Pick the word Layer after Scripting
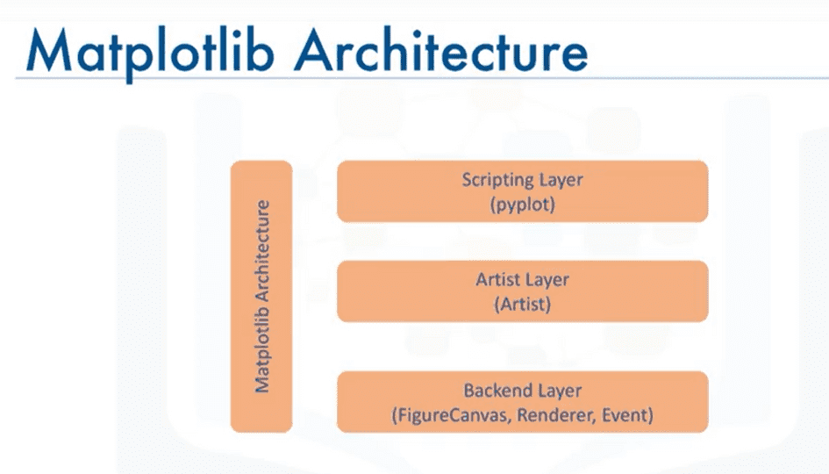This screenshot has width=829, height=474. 560,180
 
